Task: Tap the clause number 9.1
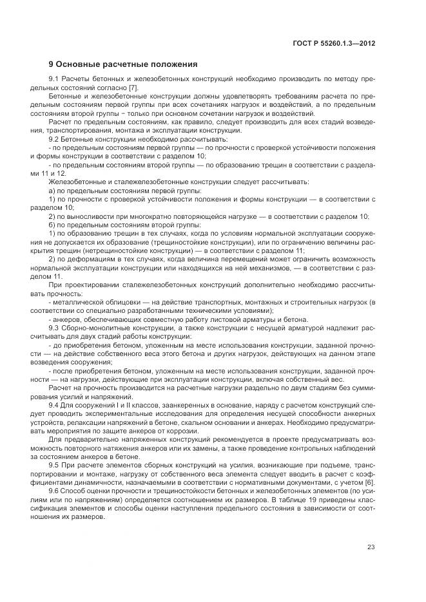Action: (54, 79)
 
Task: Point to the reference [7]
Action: (133, 87)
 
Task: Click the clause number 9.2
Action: (54, 139)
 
